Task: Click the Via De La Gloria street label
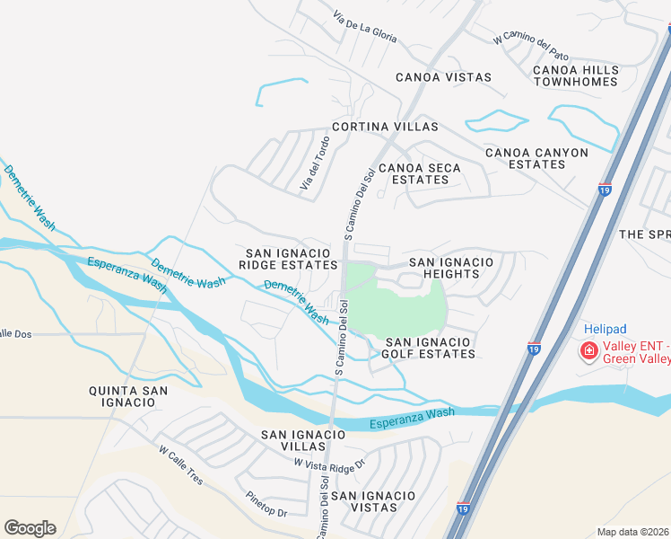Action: (364, 27)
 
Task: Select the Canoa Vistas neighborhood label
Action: (444, 77)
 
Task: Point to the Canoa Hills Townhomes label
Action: (575, 75)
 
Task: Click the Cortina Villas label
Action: (385, 127)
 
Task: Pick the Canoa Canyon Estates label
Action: (536, 159)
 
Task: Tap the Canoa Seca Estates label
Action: (420, 173)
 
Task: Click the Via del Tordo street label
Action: (315, 163)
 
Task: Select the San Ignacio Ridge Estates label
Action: (288, 258)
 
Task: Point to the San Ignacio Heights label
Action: (451, 268)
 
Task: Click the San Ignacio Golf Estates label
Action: (430, 348)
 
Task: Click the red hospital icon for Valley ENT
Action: (590, 350)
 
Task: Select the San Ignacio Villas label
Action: (303, 440)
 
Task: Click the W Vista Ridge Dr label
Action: (331, 464)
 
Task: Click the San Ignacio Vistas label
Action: (373, 501)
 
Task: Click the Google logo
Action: (30, 528)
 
